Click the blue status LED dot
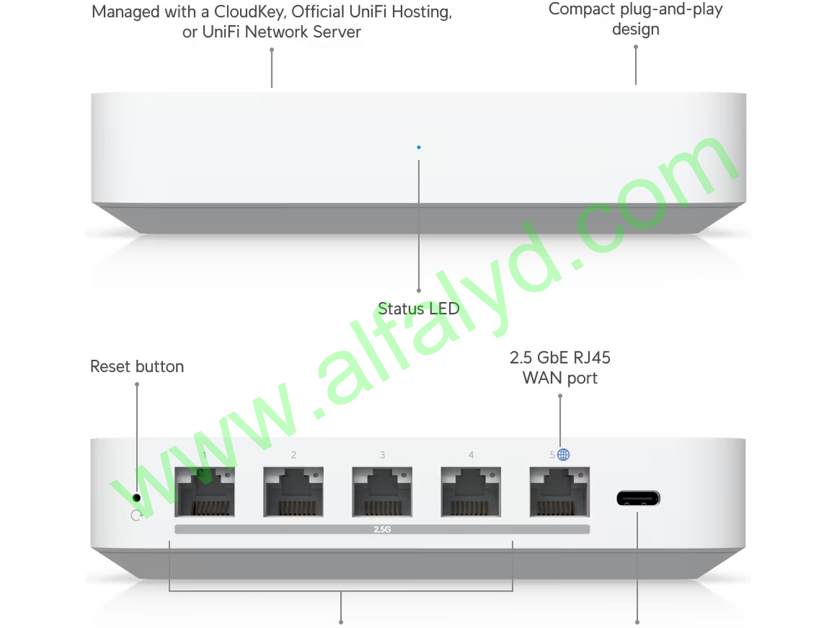click(x=418, y=147)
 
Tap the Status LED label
click(x=418, y=309)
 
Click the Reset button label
click(x=137, y=366)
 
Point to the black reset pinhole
click(x=137, y=498)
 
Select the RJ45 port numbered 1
click(x=205, y=492)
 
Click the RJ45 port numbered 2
click(x=293, y=492)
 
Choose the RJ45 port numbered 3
click(x=382, y=492)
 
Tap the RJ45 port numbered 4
click(x=471, y=492)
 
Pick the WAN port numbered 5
click(x=560, y=492)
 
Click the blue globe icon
click(x=563, y=455)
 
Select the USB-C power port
click(x=638, y=498)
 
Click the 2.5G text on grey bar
click(x=382, y=529)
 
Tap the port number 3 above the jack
click(x=382, y=455)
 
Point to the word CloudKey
click(x=249, y=12)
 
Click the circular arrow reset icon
click(x=136, y=515)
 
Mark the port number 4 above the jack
click(x=471, y=455)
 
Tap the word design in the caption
click(x=636, y=29)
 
